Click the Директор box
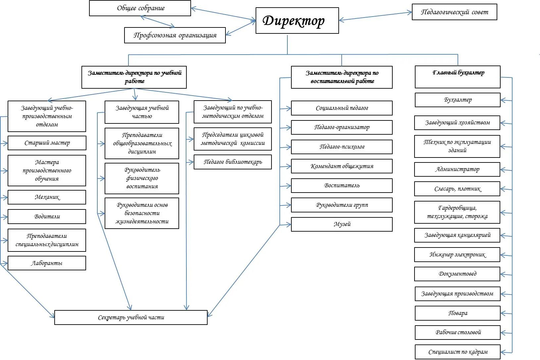(x=297, y=21)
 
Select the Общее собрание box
(x=140, y=8)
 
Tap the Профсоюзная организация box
(x=175, y=35)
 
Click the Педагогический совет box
(x=454, y=12)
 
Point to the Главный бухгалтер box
(x=458, y=77)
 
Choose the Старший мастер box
(x=47, y=143)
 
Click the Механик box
(x=47, y=197)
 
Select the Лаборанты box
(x=47, y=263)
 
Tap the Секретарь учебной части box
(x=131, y=318)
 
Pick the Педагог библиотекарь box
(x=232, y=162)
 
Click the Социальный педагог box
(x=342, y=108)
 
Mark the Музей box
(x=342, y=224)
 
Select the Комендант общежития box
(x=342, y=166)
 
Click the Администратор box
(x=457, y=169)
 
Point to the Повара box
(x=458, y=313)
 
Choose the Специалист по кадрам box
(x=458, y=352)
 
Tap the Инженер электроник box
(x=457, y=255)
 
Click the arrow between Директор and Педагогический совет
(x=375, y=17)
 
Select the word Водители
(x=47, y=217)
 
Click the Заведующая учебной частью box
(x=142, y=112)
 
